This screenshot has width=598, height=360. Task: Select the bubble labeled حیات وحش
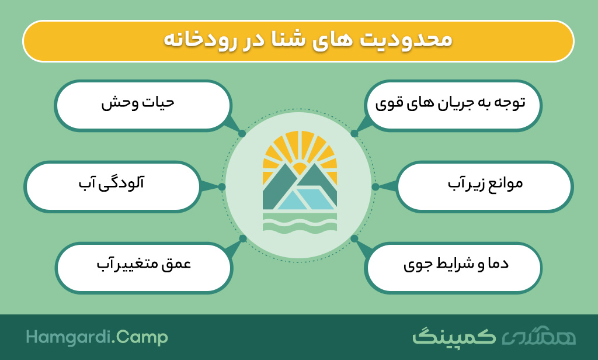(143, 106)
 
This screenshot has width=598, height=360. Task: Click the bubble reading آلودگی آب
(113, 186)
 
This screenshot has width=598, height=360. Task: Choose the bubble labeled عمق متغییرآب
(144, 268)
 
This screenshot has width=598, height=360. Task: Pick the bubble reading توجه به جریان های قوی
(453, 106)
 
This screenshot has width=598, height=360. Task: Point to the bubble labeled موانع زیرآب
(485, 186)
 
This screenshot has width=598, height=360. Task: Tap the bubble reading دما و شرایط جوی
(453, 268)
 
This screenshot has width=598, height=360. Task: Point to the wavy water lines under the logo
(300, 223)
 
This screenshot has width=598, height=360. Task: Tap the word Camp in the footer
(142, 338)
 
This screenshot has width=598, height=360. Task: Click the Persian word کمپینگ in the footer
(454, 336)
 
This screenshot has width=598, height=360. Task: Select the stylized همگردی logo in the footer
(538, 336)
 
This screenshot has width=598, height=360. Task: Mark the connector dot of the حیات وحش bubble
(242, 134)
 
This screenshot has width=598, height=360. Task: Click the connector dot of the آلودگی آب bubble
(221, 186)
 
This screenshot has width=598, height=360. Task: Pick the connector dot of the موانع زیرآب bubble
(376, 186)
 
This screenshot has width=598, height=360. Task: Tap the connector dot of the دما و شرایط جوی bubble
(354, 238)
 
